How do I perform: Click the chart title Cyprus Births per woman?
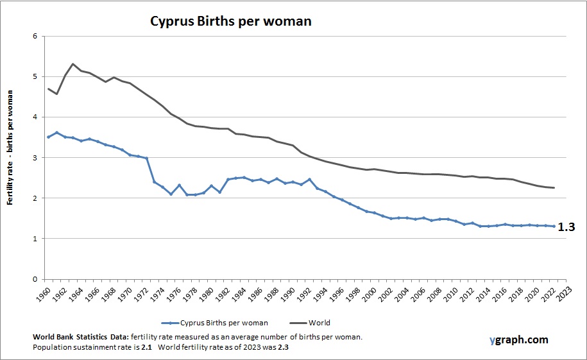click(x=230, y=21)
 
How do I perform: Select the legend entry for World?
click(x=319, y=323)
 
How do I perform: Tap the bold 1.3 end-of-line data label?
click(x=566, y=227)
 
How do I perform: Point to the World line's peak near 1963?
click(x=73, y=64)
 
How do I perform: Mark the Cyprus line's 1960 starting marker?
click(x=49, y=137)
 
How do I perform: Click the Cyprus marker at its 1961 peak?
click(x=57, y=133)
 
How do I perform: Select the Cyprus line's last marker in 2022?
click(x=552, y=227)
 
